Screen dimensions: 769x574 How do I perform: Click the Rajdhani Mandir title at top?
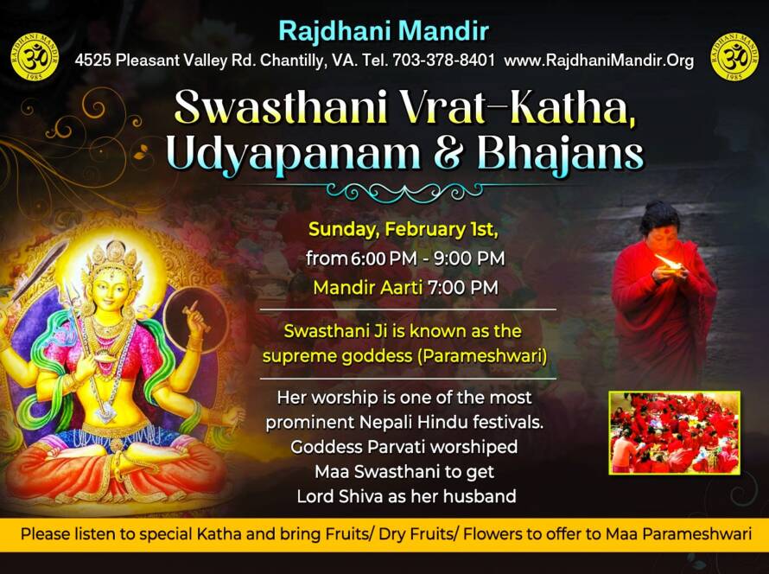[x=384, y=31]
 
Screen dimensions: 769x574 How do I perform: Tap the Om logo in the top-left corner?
[x=35, y=56]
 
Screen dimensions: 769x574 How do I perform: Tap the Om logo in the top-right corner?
[x=734, y=56]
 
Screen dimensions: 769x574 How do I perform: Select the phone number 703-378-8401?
[x=443, y=61]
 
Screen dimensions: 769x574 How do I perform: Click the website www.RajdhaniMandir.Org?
[x=599, y=61]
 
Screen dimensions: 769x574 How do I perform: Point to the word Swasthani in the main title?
[x=282, y=106]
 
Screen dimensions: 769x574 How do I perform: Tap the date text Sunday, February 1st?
[x=404, y=230]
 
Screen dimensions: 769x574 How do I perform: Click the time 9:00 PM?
[x=469, y=258]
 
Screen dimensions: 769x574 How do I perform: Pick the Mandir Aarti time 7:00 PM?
[x=462, y=288]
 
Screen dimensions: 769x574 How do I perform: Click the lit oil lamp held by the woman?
[x=669, y=263]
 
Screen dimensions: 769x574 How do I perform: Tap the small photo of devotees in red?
[x=674, y=433]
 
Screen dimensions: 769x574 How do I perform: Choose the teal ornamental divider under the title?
[x=404, y=192]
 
